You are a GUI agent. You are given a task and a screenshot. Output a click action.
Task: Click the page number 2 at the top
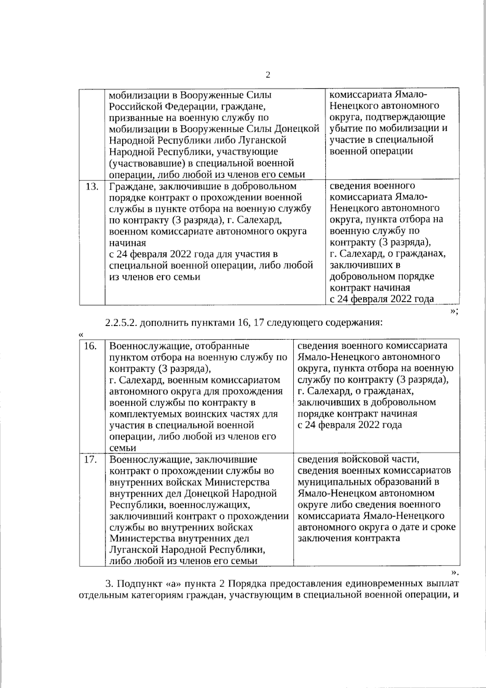click(268, 75)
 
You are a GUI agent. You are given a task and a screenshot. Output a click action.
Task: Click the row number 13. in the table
click(92, 186)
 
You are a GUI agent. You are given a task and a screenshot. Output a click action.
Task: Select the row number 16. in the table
click(90, 346)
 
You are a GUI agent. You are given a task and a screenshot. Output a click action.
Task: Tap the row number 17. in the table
click(90, 460)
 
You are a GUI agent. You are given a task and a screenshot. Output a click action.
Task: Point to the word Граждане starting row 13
click(132, 186)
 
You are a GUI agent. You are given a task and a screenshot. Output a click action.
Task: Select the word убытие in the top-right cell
click(345, 129)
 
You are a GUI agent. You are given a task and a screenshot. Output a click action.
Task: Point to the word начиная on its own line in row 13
click(127, 243)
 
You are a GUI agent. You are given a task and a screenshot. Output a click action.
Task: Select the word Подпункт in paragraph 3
click(141, 584)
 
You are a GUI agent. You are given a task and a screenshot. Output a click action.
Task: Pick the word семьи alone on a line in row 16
click(123, 448)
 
